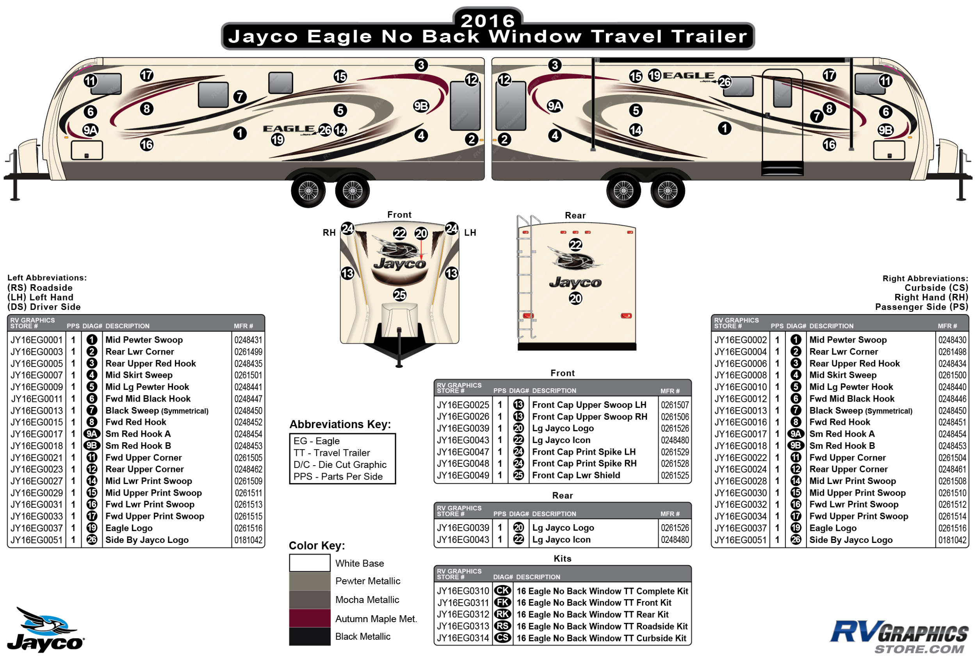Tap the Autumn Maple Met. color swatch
tap(310, 618)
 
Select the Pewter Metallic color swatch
tap(310, 581)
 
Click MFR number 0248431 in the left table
tap(248, 340)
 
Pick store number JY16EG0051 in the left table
tap(37, 540)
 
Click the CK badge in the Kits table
tap(502, 591)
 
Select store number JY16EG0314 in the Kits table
tap(463, 638)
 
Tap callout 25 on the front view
tap(399, 295)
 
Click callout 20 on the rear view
tap(575, 299)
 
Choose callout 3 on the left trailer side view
tap(421, 65)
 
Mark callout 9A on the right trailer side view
tap(554, 106)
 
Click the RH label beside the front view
tap(329, 233)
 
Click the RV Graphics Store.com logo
tap(899, 637)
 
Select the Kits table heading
tap(562, 559)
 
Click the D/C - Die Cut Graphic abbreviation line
tap(340, 465)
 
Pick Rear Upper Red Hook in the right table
tap(854, 364)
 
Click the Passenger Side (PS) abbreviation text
tap(921, 307)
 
